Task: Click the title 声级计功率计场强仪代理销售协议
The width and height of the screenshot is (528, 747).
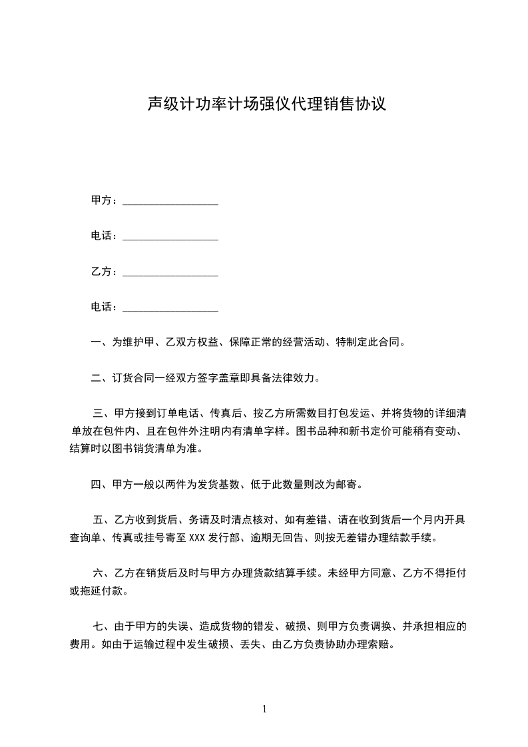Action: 266,105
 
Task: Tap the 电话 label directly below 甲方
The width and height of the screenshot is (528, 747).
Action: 104,236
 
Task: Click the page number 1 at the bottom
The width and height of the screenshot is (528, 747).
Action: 264,709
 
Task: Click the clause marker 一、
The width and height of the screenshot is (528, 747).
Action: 101,343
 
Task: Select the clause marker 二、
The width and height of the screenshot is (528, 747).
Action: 101,379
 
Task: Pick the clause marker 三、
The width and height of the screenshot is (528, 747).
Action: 103,414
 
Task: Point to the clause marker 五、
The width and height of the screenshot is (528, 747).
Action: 103,520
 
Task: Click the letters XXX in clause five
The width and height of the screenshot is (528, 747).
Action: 198,538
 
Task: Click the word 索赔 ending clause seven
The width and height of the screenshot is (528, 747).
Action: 382,644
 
